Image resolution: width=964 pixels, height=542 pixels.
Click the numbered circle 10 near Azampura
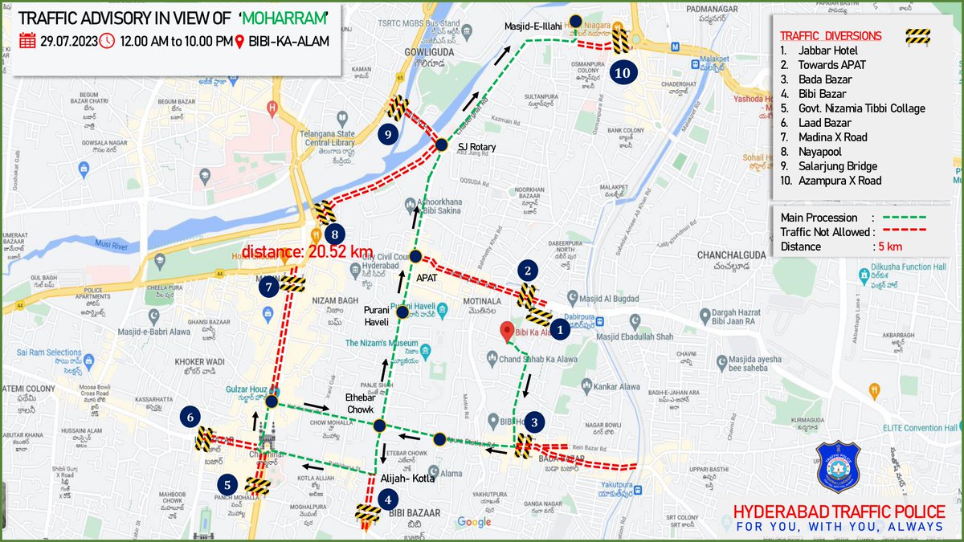point(623,72)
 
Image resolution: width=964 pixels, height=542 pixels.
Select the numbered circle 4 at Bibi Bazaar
point(389,499)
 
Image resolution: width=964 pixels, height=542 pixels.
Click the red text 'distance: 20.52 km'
point(308,251)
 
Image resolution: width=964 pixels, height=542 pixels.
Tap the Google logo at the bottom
point(474,523)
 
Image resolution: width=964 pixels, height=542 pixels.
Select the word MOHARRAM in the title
point(287,17)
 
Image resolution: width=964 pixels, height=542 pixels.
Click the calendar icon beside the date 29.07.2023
point(27,41)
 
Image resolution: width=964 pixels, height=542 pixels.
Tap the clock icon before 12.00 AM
point(107,41)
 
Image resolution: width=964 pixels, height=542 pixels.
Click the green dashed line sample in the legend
point(904,217)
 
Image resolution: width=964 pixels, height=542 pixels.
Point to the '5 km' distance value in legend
point(888,247)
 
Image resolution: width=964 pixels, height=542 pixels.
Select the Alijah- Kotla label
point(406,478)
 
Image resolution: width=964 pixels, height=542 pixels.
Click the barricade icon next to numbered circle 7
point(293,283)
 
